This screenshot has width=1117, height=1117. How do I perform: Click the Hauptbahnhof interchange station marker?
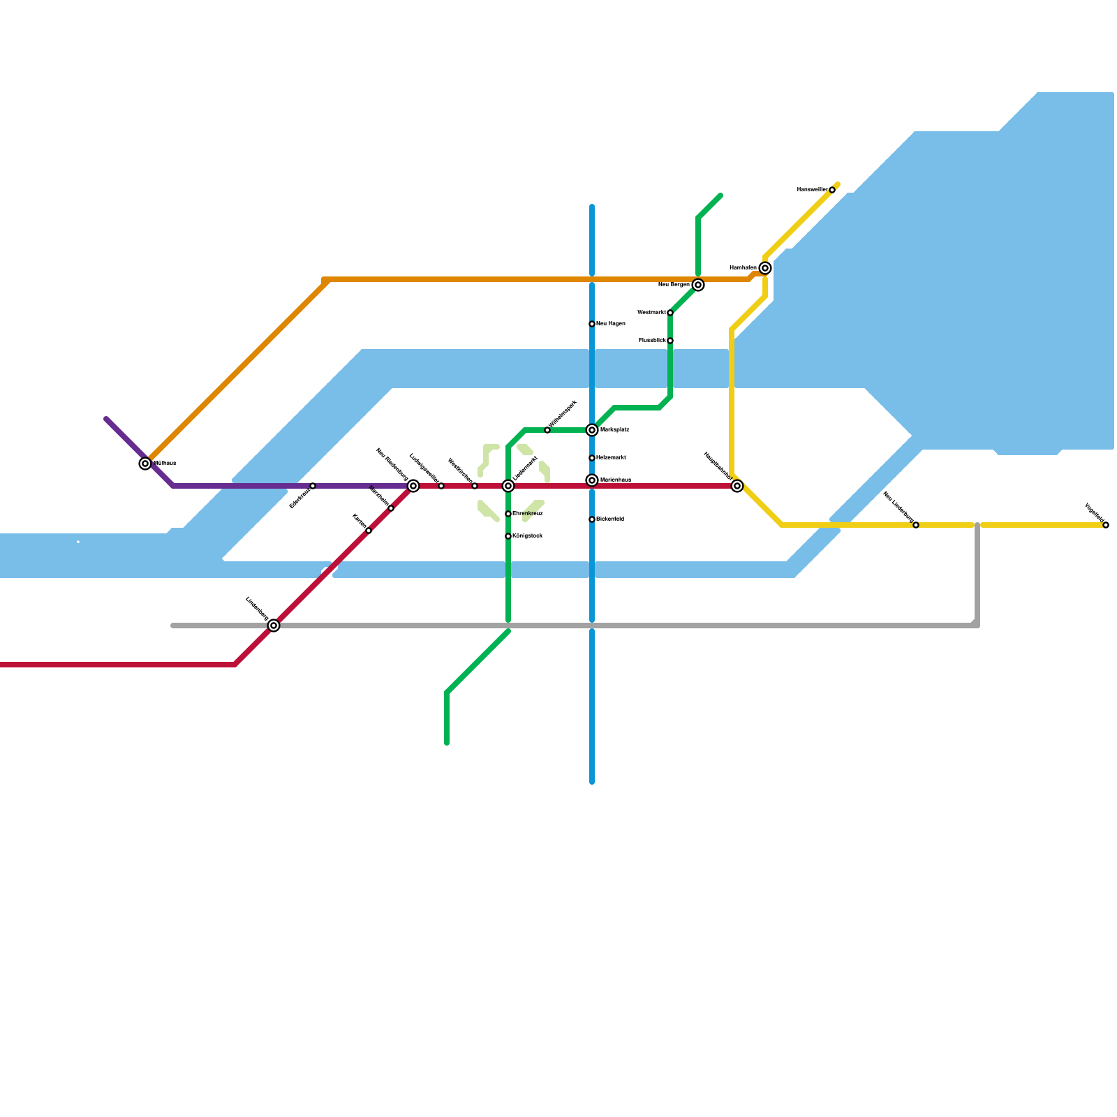[737, 486]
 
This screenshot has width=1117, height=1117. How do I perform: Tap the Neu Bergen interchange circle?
[698, 285]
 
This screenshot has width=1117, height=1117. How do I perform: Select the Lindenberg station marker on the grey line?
[274, 626]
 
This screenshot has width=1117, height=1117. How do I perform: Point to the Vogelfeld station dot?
[1106, 525]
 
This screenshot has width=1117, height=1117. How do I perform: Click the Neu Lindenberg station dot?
[916, 525]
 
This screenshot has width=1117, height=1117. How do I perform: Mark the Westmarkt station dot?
[670, 313]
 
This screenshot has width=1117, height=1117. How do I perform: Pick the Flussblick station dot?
[670, 341]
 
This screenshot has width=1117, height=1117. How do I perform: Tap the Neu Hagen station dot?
[592, 324]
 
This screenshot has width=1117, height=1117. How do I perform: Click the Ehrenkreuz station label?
[528, 514]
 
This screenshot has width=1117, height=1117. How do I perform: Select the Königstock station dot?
[508, 536]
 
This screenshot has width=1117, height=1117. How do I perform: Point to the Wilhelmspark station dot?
[547, 430]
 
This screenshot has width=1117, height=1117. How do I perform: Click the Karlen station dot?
[369, 531]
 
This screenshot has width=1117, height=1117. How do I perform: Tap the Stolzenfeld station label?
[610, 519]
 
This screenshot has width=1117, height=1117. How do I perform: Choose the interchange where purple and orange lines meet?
[145, 464]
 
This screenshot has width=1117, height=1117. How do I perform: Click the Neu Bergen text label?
[674, 285]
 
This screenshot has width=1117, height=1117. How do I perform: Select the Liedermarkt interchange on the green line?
[508, 486]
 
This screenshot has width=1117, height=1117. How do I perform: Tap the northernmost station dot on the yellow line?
[832, 190]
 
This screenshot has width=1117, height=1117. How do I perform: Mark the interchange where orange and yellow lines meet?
[765, 268]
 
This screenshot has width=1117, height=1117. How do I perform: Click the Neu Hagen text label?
[611, 324]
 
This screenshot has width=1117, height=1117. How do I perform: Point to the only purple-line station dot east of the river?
[313, 486]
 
